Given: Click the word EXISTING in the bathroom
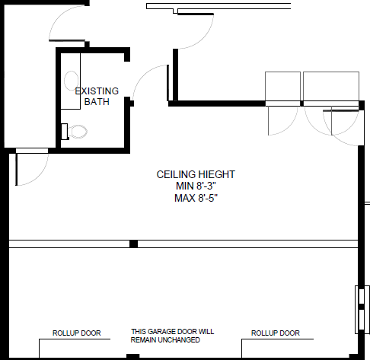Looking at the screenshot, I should (97, 91).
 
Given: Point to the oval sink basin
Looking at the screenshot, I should (71, 80).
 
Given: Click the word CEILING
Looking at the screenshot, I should (174, 174).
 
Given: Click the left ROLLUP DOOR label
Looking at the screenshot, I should (76, 333).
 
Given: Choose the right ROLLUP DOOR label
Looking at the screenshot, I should (275, 333).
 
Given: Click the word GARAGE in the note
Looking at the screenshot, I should (161, 332).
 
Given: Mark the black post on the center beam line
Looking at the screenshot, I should (133, 244).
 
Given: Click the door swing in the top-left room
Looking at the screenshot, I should (67, 25).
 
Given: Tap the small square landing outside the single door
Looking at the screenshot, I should (282, 85).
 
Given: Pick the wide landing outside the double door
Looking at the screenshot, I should (330, 85).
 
